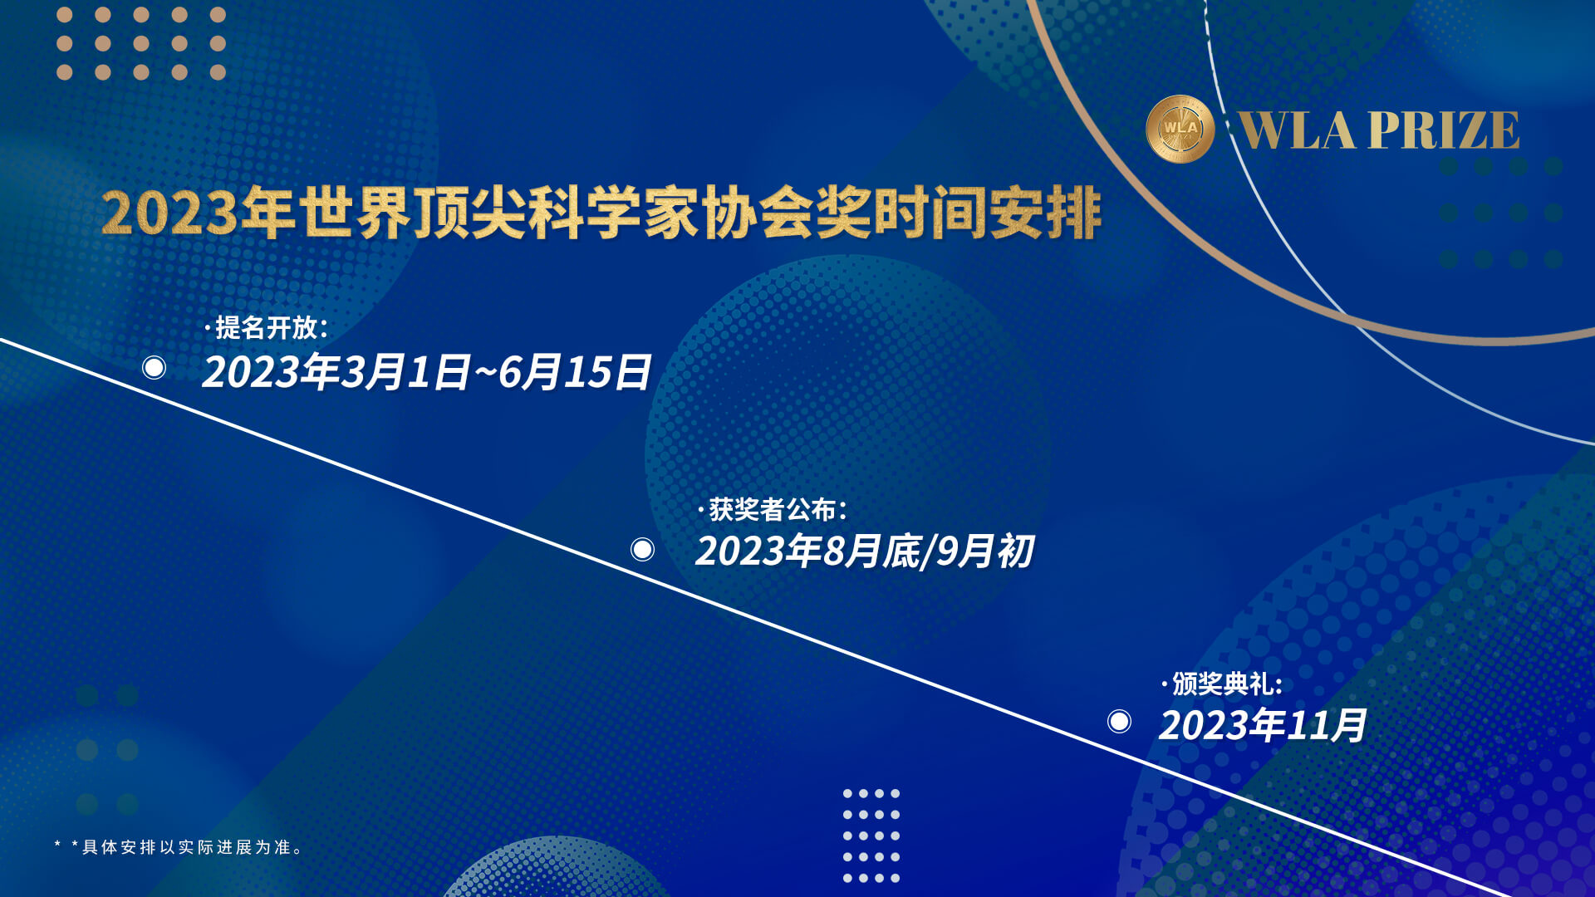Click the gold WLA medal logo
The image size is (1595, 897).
click(1180, 129)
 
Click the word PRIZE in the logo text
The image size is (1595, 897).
click(1444, 130)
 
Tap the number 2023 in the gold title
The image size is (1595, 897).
click(169, 214)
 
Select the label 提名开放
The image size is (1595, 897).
click(266, 327)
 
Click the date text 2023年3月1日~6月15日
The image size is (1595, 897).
click(427, 371)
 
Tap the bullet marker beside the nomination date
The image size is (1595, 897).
click(154, 367)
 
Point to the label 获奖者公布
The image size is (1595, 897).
click(773, 509)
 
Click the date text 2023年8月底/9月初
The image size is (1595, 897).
click(865, 551)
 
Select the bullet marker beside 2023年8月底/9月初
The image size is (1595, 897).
click(642, 549)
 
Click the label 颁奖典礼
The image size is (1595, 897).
click(1222, 684)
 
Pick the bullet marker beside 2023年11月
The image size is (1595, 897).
click(1119, 721)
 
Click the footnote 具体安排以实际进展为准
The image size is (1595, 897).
click(187, 847)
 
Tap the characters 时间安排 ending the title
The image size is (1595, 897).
click(988, 214)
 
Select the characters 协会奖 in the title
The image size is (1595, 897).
click(787, 214)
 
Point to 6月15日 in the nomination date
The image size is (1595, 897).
click(575, 371)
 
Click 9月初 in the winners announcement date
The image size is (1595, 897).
click(985, 551)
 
